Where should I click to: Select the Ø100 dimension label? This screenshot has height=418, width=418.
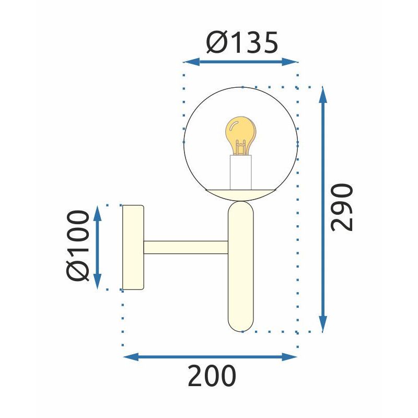point(78,246)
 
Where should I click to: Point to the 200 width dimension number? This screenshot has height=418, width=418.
point(212,376)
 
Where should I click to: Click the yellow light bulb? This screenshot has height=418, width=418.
point(240,134)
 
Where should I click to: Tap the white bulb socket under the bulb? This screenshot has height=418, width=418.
point(241,172)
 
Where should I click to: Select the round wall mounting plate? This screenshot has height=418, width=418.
point(133,247)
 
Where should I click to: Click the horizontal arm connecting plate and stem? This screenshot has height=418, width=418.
point(185,247)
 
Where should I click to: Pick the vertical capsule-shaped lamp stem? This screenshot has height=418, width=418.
point(241,266)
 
